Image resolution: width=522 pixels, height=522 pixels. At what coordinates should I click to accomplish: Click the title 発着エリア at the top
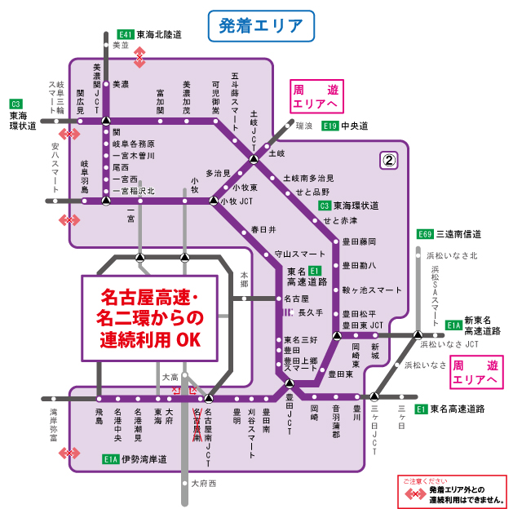(261, 26)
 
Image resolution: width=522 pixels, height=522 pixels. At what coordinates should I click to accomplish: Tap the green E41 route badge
(126, 35)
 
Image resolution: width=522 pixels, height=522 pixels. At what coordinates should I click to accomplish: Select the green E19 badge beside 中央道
(330, 126)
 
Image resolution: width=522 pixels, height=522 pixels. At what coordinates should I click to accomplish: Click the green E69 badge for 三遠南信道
(424, 234)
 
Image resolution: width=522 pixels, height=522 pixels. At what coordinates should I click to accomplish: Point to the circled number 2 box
(389, 161)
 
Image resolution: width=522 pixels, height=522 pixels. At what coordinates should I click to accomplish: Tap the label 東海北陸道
(159, 35)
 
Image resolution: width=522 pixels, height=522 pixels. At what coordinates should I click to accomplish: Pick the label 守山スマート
(299, 254)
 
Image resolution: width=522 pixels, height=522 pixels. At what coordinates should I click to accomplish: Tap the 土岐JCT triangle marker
(254, 158)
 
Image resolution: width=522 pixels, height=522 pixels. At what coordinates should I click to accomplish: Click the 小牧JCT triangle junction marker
(214, 201)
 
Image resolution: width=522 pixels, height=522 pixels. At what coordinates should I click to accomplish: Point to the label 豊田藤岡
(359, 241)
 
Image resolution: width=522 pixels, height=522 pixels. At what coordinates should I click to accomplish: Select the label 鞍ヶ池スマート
(372, 290)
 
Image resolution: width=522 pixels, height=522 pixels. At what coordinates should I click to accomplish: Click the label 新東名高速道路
(483, 325)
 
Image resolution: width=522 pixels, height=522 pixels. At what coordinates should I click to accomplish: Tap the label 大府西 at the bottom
(204, 484)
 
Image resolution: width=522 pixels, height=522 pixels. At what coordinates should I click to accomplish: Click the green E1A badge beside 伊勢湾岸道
(111, 460)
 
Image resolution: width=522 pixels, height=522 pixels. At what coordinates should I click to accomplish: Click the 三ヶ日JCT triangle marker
(374, 397)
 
